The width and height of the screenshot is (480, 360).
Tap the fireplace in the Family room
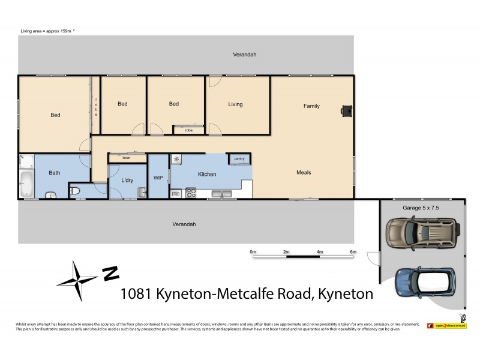click(346, 110)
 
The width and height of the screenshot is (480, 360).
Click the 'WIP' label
click(158, 178)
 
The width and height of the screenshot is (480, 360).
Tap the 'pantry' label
click(239, 159)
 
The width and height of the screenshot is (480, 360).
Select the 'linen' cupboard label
click(126, 158)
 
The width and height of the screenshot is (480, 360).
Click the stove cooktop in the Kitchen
click(191, 193)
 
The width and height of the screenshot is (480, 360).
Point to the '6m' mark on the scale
click(353, 251)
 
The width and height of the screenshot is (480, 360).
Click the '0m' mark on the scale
click(253, 251)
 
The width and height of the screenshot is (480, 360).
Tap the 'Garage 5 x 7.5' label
click(421, 208)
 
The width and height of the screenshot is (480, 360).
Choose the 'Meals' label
click(304, 173)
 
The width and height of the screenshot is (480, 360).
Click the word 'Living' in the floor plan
click(235, 104)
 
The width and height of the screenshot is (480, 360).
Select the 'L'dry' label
click(127, 180)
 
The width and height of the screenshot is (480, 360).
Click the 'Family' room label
click(311, 106)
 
